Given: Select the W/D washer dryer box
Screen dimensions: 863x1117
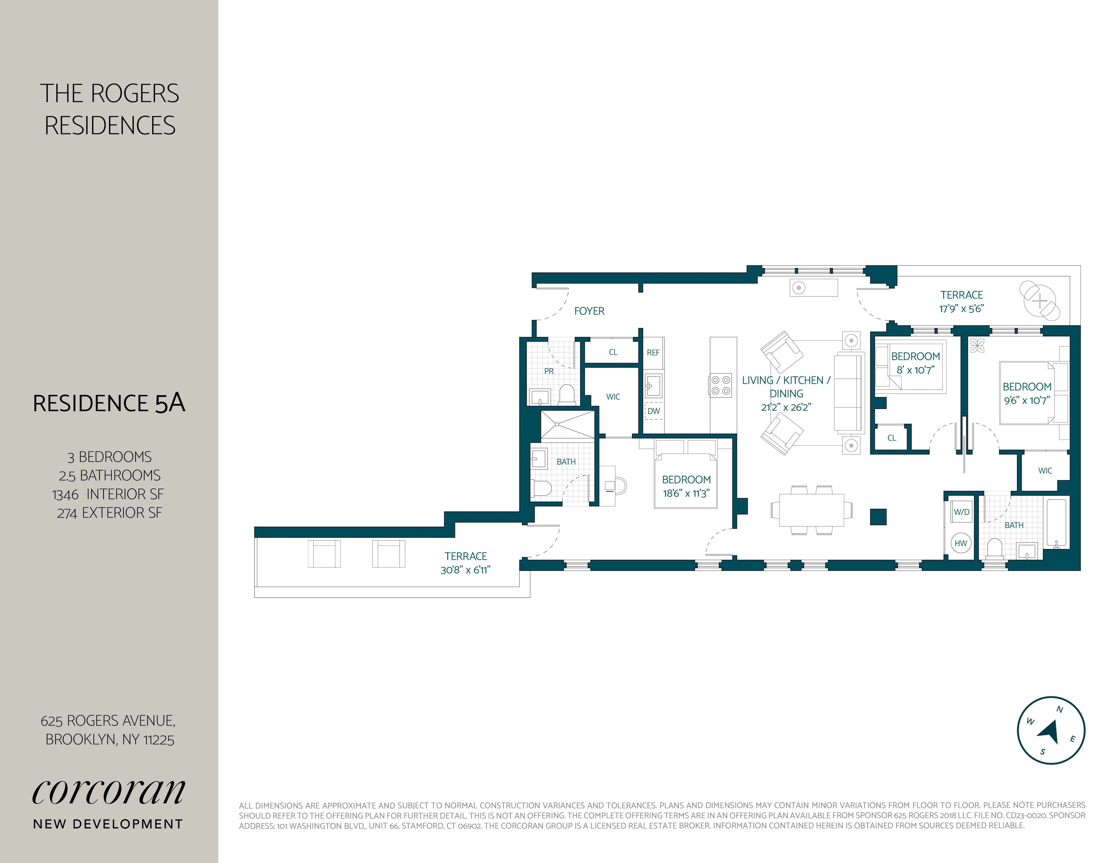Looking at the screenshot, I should [961, 512].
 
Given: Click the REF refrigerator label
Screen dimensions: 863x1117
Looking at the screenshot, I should [653, 352].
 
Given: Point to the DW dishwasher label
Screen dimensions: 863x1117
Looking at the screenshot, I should [654, 411].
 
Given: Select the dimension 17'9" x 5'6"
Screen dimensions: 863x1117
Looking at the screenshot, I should [962, 308].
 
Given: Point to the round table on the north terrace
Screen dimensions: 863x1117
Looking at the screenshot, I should [1039, 301].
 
